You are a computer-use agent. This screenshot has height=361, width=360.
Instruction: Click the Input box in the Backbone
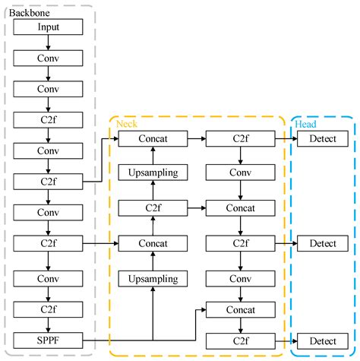[x=48, y=27]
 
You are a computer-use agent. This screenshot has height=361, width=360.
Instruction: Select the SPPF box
[x=48, y=340]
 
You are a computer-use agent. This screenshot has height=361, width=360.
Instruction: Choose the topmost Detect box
[x=323, y=138]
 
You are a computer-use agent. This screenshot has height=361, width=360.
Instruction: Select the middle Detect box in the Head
[x=323, y=243]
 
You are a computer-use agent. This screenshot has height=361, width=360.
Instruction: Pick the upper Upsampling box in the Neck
[x=153, y=173]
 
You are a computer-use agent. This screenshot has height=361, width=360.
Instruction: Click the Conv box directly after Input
[x=48, y=58]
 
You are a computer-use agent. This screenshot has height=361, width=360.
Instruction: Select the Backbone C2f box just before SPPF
[x=48, y=309]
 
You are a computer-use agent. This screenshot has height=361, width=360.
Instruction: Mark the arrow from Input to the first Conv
[x=48, y=43]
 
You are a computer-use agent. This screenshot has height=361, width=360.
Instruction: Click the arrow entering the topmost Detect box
[x=285, y=138]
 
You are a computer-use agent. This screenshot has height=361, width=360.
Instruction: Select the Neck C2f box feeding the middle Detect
[x=241, y=243]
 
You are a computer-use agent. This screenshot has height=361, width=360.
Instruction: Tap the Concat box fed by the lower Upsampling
[x=153, y=243]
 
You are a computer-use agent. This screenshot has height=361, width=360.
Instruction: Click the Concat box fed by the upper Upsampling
[x=153, y=138]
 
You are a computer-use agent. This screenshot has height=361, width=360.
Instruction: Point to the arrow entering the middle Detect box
[x=285, y=243]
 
